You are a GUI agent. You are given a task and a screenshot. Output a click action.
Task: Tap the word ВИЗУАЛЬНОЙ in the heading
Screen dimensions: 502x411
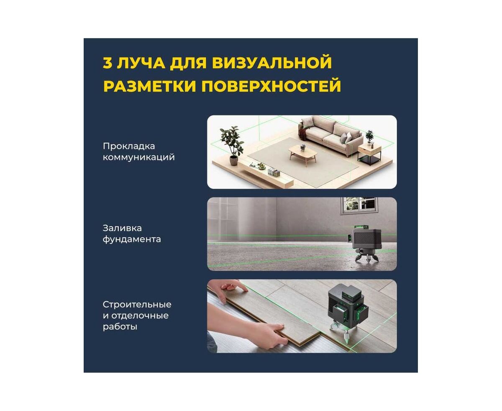[272, 63]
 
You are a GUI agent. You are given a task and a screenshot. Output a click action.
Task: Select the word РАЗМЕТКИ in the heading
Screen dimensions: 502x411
[150, 86]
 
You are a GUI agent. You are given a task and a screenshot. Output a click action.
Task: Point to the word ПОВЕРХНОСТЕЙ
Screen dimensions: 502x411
[271, 86]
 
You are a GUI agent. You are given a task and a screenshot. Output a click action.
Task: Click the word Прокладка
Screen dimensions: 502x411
[129, 146]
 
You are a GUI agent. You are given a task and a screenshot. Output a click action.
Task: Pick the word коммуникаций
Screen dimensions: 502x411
[139, 157]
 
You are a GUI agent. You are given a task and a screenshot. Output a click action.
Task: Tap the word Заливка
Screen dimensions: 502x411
[122, 228]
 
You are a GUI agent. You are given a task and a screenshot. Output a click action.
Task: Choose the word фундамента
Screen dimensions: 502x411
[132, 239]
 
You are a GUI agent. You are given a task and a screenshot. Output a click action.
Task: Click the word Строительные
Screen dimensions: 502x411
[137, 305]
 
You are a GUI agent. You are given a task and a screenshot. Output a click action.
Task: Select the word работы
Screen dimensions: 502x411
[120, 327]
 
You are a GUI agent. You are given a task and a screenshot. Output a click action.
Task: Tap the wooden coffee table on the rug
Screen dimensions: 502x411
[303, 155]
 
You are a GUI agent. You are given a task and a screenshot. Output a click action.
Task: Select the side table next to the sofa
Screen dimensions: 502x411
[370, 155]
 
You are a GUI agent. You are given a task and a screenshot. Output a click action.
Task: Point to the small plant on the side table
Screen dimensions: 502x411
[369, 137]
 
